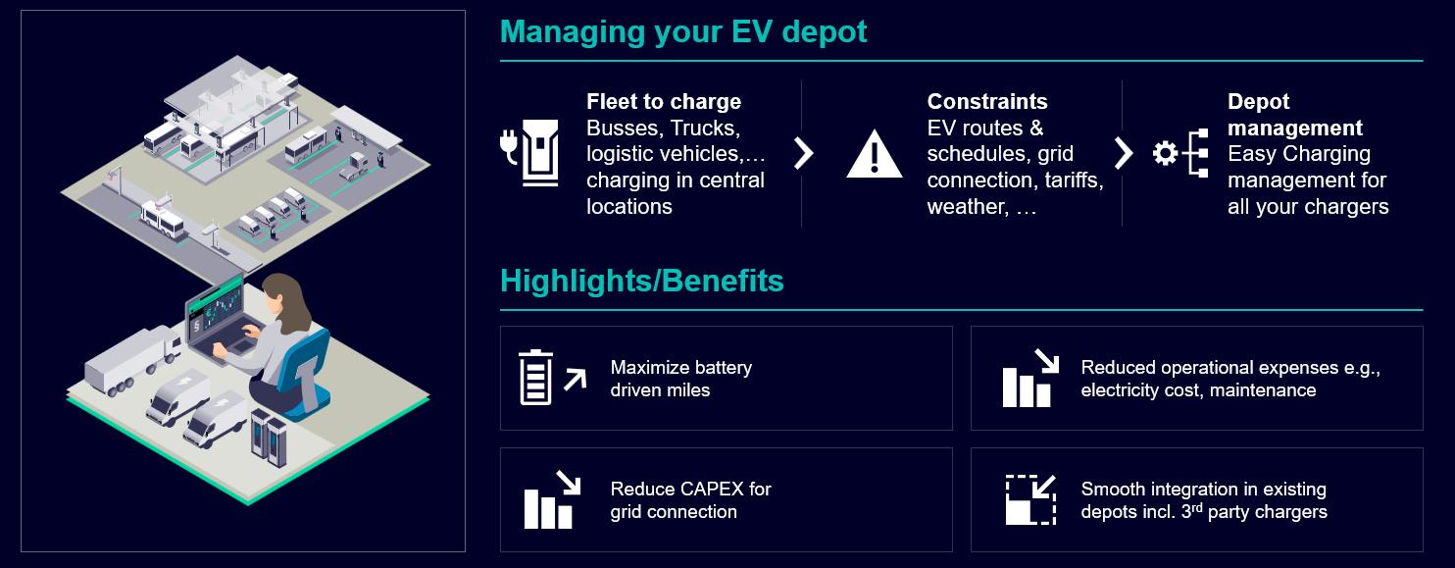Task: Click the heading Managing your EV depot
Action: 683,31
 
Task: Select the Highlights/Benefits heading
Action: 641,281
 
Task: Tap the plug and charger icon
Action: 529,152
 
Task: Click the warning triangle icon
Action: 874,154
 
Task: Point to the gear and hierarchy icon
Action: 1179,154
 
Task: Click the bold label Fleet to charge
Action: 664,102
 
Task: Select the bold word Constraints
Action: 987,102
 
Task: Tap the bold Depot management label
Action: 1294,115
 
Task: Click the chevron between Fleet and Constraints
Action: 803,153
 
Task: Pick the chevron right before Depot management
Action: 1124,153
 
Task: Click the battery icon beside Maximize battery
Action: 536,378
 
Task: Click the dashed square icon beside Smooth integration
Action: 1030,499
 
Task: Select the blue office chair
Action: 303,368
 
